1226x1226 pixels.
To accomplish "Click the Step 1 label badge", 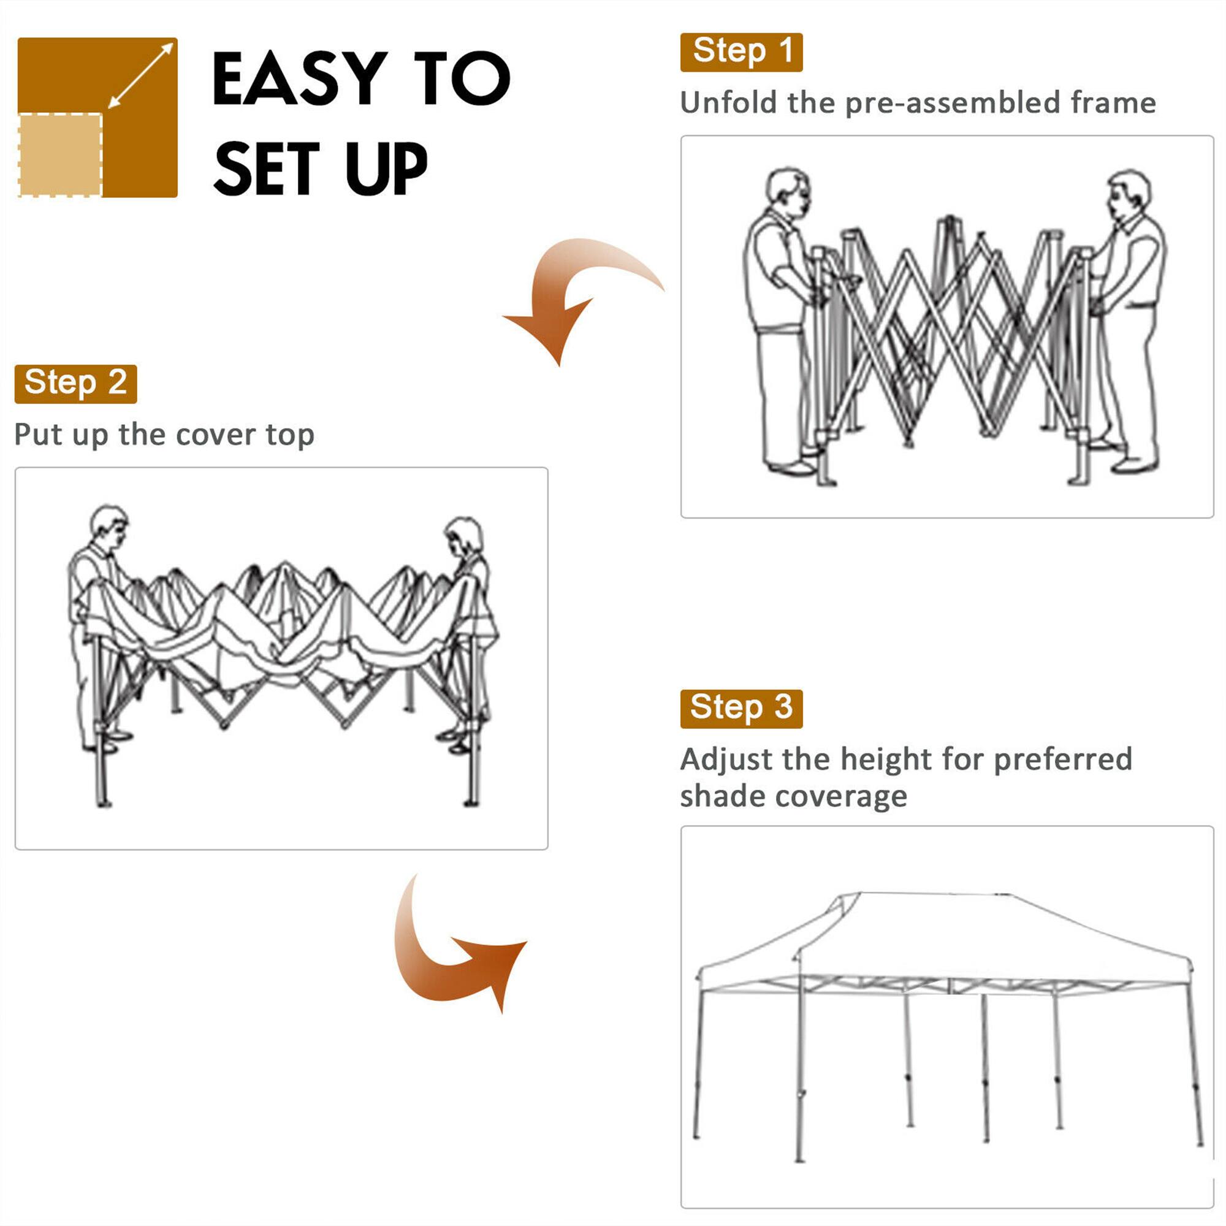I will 741,52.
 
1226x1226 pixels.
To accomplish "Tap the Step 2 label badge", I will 75,384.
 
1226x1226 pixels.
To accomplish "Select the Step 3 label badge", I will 741,709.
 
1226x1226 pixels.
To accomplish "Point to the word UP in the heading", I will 386,169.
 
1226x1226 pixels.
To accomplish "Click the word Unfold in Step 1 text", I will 728,103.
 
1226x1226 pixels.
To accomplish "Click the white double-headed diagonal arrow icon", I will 141,75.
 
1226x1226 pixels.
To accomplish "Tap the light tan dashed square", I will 60,155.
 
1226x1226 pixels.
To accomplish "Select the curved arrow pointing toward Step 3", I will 451,952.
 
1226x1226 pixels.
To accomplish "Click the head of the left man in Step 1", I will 788,190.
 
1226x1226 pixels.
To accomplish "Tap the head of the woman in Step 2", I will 464,536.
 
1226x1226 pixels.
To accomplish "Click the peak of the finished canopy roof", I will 933,895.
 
